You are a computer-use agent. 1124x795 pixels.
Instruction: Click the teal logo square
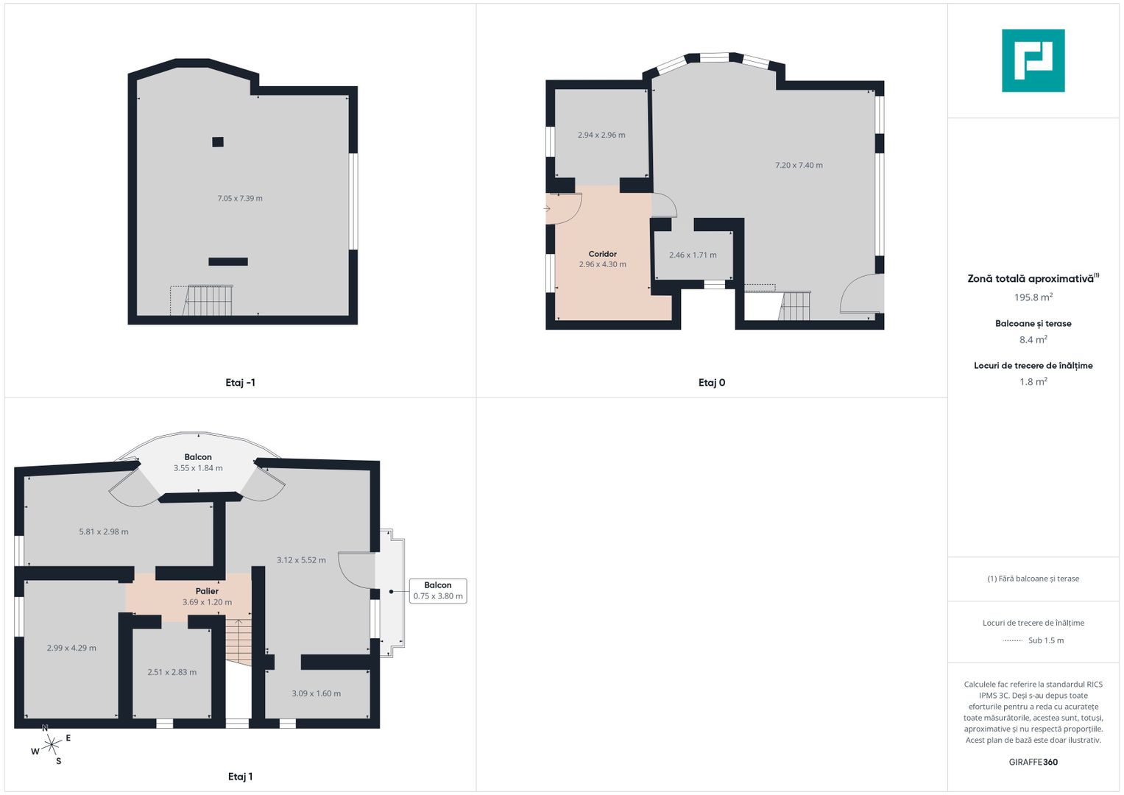click(x=1033, y=60)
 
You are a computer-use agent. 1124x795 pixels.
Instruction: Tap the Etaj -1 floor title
click(x=241, y=383)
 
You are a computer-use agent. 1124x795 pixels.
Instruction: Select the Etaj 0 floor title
click(x=712, y=383)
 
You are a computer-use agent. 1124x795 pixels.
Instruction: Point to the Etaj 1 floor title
click(x=241, y=777)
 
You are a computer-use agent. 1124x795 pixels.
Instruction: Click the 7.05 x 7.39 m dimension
click(x=240, y=198)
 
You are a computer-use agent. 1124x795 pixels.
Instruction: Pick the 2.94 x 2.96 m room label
click(x=601, y=135)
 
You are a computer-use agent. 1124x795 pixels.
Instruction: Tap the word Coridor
click(x=602, y=254)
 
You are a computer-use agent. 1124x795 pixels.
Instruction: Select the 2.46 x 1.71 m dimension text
click(x=693, y=255)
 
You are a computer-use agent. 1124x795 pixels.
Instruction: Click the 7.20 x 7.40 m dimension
click(x=799, y=165)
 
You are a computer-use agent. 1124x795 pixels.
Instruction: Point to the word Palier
click(x=207, y=591)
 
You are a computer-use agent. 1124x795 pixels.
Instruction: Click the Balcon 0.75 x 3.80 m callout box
click(x=438, y=590)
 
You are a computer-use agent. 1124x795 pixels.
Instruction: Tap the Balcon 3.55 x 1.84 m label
click(x=198, y=462)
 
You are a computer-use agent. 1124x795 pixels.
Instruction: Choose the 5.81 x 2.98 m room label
click(x=103, y=531)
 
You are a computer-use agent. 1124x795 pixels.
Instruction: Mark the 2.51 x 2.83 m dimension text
click(x=172, y=672)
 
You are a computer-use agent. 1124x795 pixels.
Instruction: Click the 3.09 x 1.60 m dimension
click(x=316, y=693)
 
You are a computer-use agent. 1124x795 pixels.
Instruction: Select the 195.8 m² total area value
click(x=1033, y=297)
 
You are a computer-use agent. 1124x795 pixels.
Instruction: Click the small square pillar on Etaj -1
click(x=218, y=142)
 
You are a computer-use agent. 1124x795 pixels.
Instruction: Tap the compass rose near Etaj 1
click(x=51, y=745)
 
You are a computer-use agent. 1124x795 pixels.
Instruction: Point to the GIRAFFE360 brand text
click(x=1033, y=762)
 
